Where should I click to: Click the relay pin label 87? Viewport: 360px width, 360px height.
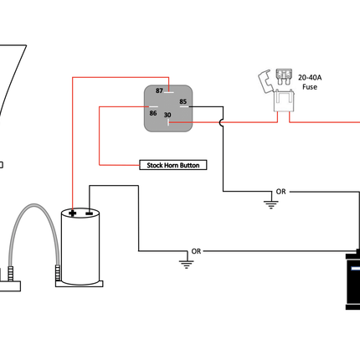point(159,90)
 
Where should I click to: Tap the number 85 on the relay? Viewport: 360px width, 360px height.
point(183,101)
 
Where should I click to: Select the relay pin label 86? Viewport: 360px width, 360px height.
point(153,113)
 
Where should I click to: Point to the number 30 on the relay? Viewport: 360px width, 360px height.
point(167,115)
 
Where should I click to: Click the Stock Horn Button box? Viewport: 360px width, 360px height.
point(173,165)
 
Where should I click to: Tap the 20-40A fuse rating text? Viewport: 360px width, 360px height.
point(310,77)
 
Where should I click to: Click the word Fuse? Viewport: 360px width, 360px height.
point(310,87)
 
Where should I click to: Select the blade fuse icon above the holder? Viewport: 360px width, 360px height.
point(284,77)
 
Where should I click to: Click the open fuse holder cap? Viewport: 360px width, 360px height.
point(265,80)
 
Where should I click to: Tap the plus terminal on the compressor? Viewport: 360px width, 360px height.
point(72,213)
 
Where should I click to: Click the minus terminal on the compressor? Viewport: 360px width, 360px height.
point(89,213)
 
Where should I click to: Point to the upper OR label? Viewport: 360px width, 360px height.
point(280,192)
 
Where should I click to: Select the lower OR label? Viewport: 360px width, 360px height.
point(196,251)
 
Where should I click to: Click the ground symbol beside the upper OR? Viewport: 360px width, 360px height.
point(270,204)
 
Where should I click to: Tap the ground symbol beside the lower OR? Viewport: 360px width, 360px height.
point(186,264)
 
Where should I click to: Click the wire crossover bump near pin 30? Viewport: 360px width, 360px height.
point(220,122)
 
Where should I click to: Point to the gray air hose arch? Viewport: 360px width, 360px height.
point(34,205)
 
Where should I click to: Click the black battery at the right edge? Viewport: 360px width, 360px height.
point(352,280)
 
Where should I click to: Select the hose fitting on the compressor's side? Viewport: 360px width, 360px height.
point(58,273)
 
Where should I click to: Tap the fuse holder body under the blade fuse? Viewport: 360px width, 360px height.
point(284,100)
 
